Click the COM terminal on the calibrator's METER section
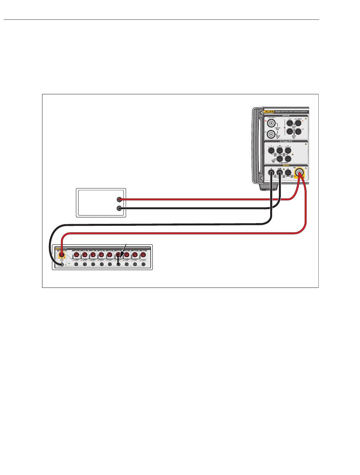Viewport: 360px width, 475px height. [x=279, y=173]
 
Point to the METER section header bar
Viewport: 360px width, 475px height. [x=286, y=166]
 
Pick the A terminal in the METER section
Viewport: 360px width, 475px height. [x=271, y=173]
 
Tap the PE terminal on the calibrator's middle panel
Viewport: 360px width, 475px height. [x=279, y=151]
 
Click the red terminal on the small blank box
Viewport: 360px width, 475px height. [x=120, y=199]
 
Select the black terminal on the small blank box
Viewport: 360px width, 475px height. [x=120, y=208]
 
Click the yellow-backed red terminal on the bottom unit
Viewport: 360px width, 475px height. [x=60, y=256]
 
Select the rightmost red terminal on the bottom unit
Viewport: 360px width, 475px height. [x=143, y=255]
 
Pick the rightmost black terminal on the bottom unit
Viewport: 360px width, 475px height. [x=143, y=265]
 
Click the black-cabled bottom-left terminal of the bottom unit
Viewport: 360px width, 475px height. [x=60, y=265]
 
